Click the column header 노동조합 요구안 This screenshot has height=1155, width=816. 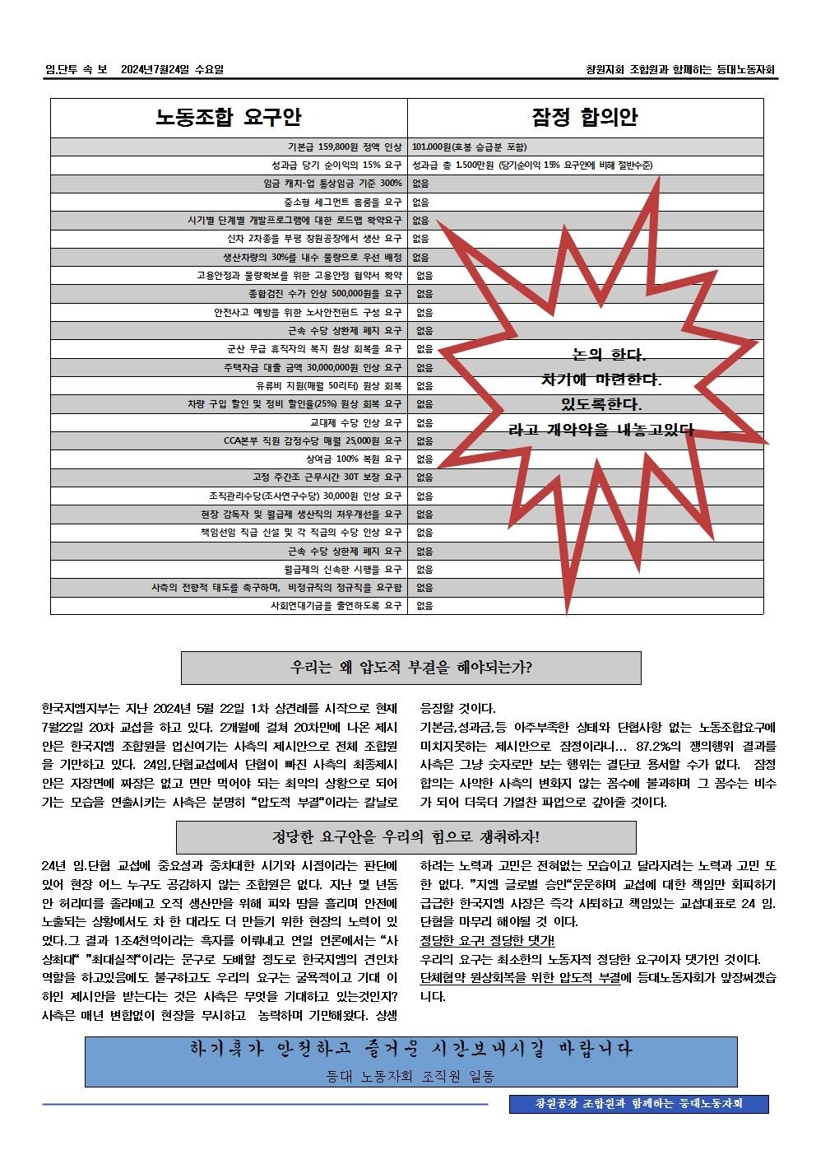point(229,118)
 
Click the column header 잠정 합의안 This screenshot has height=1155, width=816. point(585,118)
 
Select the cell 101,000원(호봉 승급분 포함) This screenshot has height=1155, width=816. point(469,147)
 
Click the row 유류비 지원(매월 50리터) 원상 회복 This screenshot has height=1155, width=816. point(329,386)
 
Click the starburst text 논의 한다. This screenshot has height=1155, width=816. point(610,356)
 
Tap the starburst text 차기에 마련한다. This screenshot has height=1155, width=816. point(601,380)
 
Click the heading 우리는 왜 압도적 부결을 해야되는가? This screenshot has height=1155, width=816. point(410,668)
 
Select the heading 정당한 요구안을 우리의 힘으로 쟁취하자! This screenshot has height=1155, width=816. point(406,837)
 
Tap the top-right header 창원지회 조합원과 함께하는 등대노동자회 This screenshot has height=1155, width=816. point(679,70)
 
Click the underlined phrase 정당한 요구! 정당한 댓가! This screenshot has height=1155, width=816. point(487,941)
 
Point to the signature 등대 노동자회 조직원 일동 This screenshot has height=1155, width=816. point(410,1076)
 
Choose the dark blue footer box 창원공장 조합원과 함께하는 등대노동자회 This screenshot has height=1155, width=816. point(638,1103)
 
